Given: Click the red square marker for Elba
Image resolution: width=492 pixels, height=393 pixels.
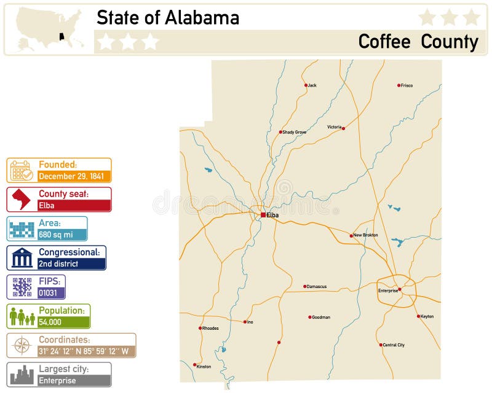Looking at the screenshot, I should tap(263, 215).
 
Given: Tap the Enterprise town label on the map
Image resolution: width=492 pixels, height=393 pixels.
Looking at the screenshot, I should tap(387, 290).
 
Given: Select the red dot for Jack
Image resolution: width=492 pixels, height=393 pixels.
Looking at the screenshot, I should tap(306, 85).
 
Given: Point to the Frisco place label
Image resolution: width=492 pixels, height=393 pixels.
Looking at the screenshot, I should tap(407, 85).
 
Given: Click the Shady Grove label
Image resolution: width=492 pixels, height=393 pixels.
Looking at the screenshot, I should tap(295, 132).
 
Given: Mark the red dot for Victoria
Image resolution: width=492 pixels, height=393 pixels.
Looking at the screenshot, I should tap(343, 128).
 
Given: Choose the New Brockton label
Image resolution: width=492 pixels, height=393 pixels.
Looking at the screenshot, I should tap(366, 235).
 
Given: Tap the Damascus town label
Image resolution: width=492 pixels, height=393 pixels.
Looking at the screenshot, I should tap(317, 286).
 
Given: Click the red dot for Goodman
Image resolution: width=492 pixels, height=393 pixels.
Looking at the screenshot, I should tap(309, 317).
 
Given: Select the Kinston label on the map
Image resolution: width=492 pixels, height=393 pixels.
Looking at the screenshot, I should tap(204, 367).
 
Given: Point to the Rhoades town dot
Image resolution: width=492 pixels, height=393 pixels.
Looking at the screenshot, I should tap(200, 328).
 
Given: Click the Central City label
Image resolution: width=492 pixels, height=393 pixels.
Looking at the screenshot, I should tap(394, 345).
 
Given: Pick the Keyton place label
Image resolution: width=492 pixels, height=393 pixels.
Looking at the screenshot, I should tap(427, 316).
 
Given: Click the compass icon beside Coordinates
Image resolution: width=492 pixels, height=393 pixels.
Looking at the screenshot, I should tap(22, 346).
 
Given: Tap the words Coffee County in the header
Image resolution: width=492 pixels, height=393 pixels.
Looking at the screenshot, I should tap(418, 41).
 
